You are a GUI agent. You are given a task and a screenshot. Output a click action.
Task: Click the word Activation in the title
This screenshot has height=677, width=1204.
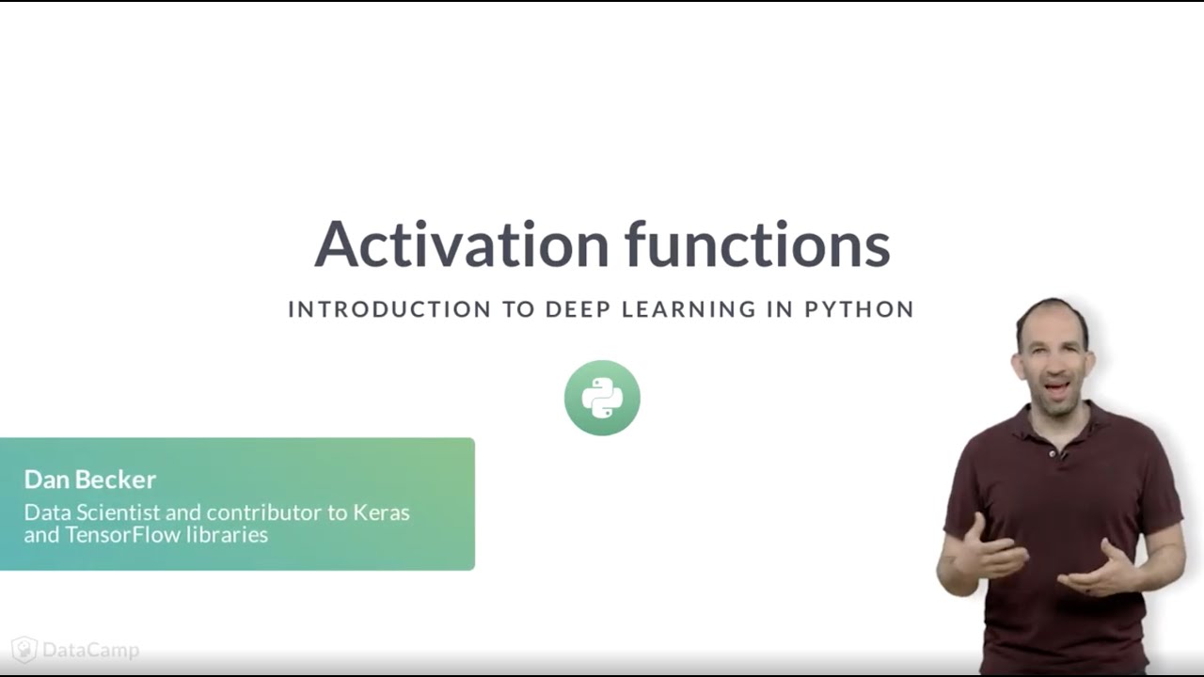pyautogui.click(x=462, y=244)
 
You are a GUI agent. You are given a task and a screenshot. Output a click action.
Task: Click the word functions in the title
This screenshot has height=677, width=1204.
pyautogui.click(x=757, y=244)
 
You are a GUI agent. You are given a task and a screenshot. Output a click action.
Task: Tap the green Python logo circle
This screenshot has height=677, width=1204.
pyautogui.click(x=602, y=398)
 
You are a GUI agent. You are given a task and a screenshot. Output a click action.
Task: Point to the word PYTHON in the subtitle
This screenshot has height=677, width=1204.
pyautogui.click(x=860, y=309)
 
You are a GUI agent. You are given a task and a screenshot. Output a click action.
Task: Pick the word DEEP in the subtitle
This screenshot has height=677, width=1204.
pyautogui.click(x=578, y=309)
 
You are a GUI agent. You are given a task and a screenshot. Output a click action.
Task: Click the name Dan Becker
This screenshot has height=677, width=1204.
pyautogui.click(x=90, y=480)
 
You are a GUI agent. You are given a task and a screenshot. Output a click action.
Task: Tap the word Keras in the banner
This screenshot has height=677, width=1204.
pyautogui.click(x=381, y=512)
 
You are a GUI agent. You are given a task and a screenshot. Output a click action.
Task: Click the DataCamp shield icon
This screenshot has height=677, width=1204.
pyautogui.click(x=24, y=650)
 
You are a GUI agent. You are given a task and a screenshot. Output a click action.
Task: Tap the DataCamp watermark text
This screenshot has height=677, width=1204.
pyautogui.click(x=90, y=650)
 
